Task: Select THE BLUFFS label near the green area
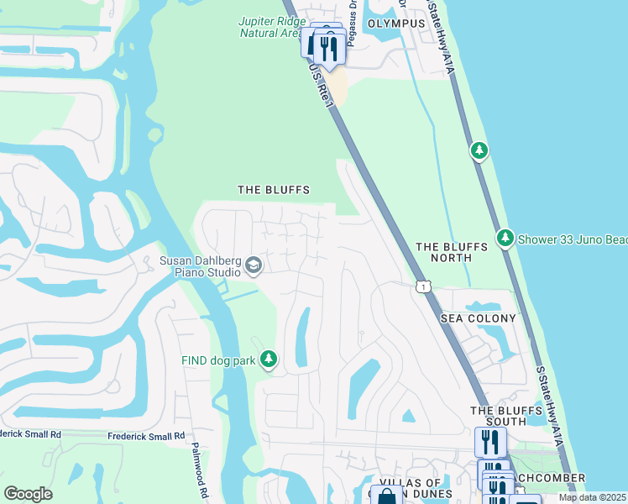274,191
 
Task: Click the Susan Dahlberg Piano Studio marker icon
253,266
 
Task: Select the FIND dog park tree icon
269,360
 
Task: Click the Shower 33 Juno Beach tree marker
505,239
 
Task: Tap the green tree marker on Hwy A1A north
479,150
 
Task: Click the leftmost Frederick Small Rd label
31,434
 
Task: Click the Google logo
29,494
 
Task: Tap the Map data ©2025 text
592,497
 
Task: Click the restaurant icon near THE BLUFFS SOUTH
489,440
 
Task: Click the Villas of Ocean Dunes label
411,488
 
